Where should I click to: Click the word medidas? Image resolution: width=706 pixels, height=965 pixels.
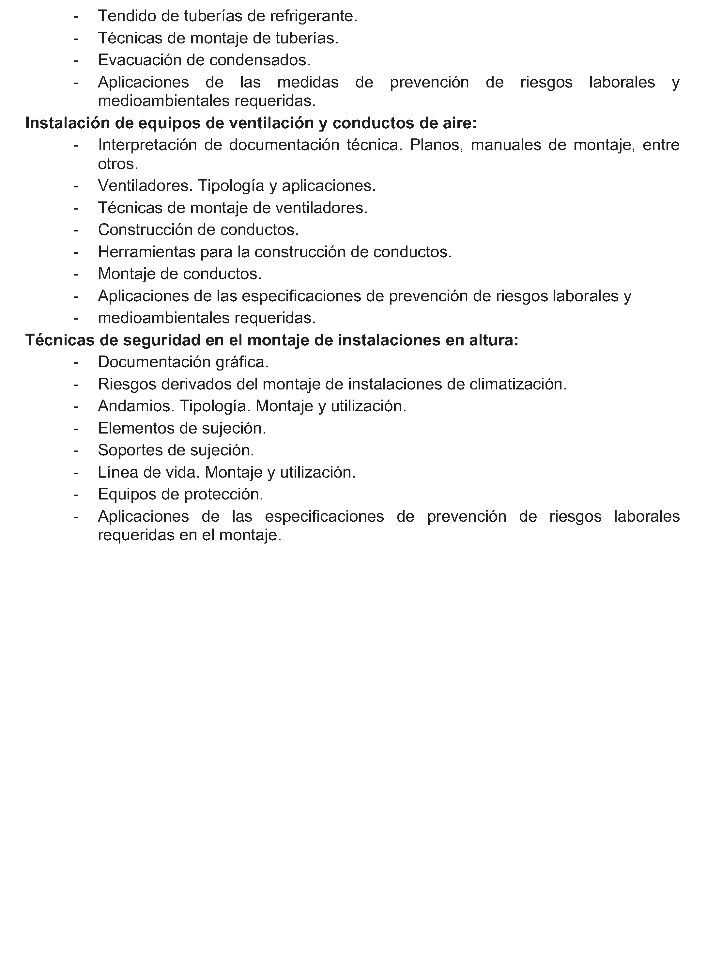click(x=308, y=82)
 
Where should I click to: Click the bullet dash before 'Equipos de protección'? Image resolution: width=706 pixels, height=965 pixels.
click(x=76, y=494)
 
